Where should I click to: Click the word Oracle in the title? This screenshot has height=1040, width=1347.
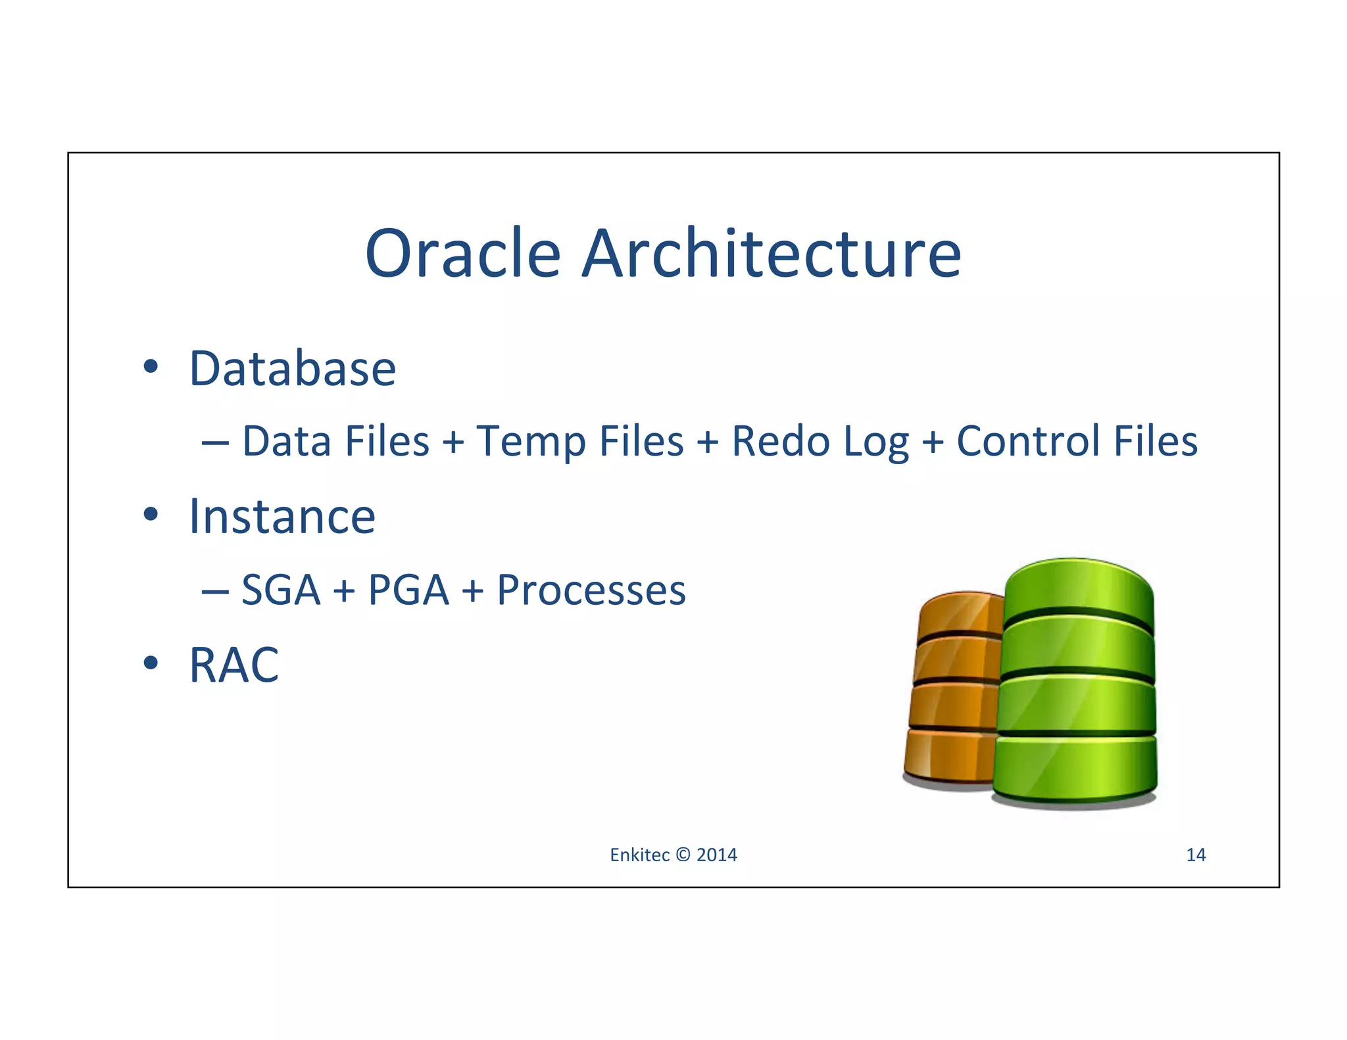462,254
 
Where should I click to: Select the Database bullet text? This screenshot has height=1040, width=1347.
292,369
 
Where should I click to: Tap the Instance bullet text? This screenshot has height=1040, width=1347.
282,517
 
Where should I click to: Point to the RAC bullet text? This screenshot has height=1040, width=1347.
233,665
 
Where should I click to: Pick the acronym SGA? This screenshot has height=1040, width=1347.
281,590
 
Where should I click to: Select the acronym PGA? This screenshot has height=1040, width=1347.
408,590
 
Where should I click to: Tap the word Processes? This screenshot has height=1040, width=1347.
591,590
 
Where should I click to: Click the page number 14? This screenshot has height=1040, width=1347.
1195,855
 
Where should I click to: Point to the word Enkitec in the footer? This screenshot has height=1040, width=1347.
639,855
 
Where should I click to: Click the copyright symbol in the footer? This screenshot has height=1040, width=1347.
683,855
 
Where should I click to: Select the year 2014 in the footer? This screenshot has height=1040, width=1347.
716,855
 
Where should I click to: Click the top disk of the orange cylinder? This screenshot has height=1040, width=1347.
960,611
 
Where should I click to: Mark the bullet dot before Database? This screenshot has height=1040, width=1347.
151,367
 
